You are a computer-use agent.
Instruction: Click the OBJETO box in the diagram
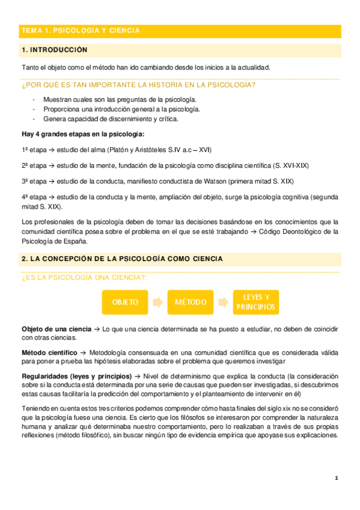124,302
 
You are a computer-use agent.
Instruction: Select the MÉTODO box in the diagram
192,302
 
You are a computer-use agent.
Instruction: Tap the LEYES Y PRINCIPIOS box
256,302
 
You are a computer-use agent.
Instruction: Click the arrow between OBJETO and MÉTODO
157,302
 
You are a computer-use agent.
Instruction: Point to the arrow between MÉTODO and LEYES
224,302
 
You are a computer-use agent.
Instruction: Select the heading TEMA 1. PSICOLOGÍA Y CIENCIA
81,30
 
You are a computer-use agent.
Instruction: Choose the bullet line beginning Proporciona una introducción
121,109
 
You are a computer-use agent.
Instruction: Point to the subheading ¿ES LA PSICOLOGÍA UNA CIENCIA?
84,277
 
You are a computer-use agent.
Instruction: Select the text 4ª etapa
34,197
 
